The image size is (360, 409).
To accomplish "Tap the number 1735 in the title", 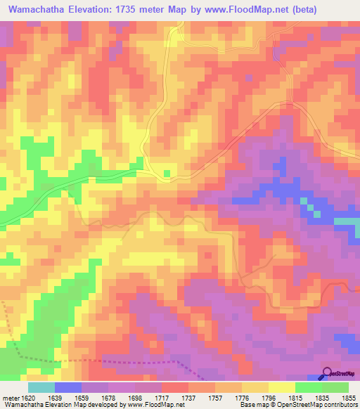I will point(142,10).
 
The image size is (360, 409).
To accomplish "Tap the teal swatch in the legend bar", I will point(41,387).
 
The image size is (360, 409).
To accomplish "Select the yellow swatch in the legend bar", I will point(281,387).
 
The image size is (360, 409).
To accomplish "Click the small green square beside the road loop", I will point(167,172).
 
